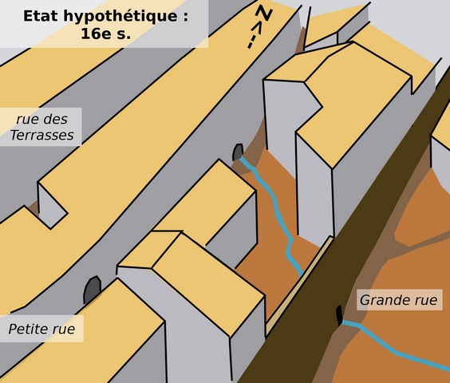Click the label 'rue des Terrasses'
[42, 127]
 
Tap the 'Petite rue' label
[41, 329]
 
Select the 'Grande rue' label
[399, 300]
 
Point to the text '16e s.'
[105, 34]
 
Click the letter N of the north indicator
[264, 13]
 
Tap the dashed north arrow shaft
[255, 35]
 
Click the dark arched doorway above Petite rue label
[92, 290]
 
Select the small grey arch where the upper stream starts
[238, 152]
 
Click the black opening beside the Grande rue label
[339, 315]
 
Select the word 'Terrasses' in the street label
[42, 135]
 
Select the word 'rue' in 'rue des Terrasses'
[26, 120]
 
